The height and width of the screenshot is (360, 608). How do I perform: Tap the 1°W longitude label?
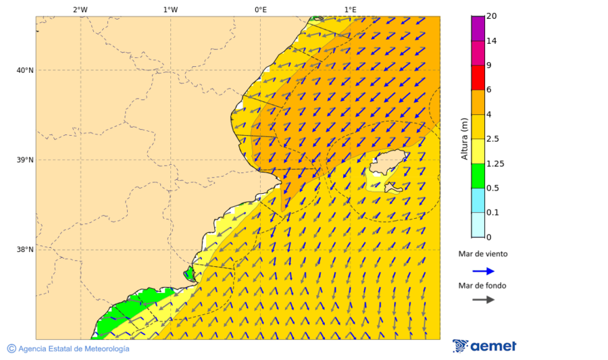(170, 9)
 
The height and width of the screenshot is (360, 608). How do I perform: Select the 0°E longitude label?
(260, 9)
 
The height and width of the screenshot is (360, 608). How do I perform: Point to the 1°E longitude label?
(350, 9)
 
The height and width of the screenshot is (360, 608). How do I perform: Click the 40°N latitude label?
(25, 70)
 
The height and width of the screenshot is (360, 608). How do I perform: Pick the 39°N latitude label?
(25, 160)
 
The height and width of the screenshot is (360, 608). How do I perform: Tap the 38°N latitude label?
(25, 250)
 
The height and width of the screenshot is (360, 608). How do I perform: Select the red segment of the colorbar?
(478, 78)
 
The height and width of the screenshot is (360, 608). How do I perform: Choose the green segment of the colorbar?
(478, 176)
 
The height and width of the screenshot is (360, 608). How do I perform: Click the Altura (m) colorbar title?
(464, 138)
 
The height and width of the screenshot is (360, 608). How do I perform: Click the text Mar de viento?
(482, 254)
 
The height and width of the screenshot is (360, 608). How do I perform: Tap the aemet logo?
(484, 346)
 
